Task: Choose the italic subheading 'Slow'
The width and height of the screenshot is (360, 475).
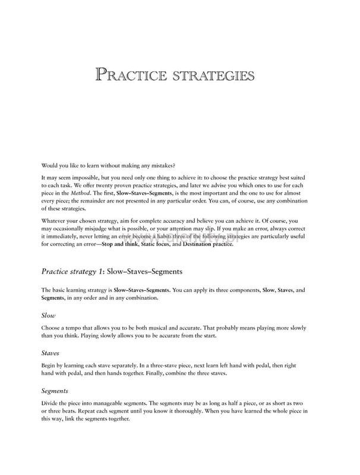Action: [49, 315]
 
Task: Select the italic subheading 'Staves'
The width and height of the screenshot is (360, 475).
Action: [50, 352]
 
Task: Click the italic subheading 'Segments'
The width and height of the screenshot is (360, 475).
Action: [55, 391]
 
